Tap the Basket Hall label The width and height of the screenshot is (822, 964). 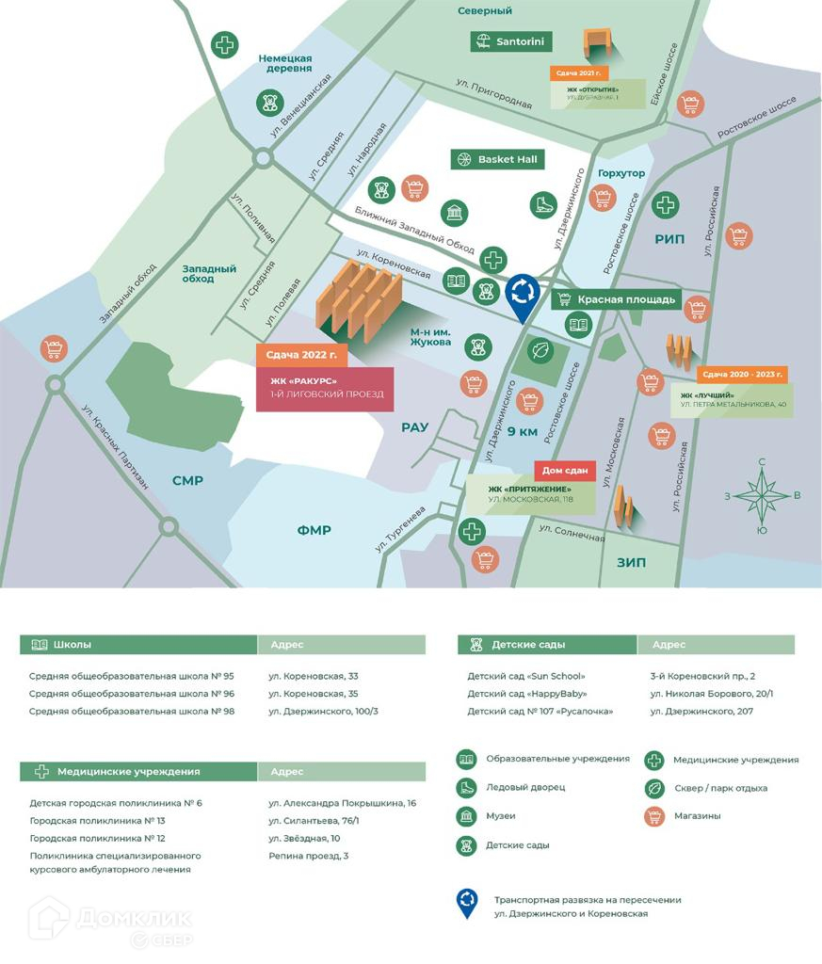(498, 159)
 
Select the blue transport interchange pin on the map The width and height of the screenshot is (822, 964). (522, 293)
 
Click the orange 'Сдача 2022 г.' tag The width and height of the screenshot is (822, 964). (301, 356)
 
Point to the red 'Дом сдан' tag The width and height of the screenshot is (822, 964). (565, 471)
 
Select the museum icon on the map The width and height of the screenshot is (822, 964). (455, 212)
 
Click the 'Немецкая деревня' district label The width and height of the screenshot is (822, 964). (285, 63)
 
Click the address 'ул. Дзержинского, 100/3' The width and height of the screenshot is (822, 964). (323, 711)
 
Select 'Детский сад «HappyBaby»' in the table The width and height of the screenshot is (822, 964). (526, 694)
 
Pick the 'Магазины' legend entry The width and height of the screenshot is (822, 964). (697, 815)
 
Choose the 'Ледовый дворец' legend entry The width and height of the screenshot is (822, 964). (525, 787)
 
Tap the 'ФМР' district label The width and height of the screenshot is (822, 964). (314, 530)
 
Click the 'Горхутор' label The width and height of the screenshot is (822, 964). (621, 173)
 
